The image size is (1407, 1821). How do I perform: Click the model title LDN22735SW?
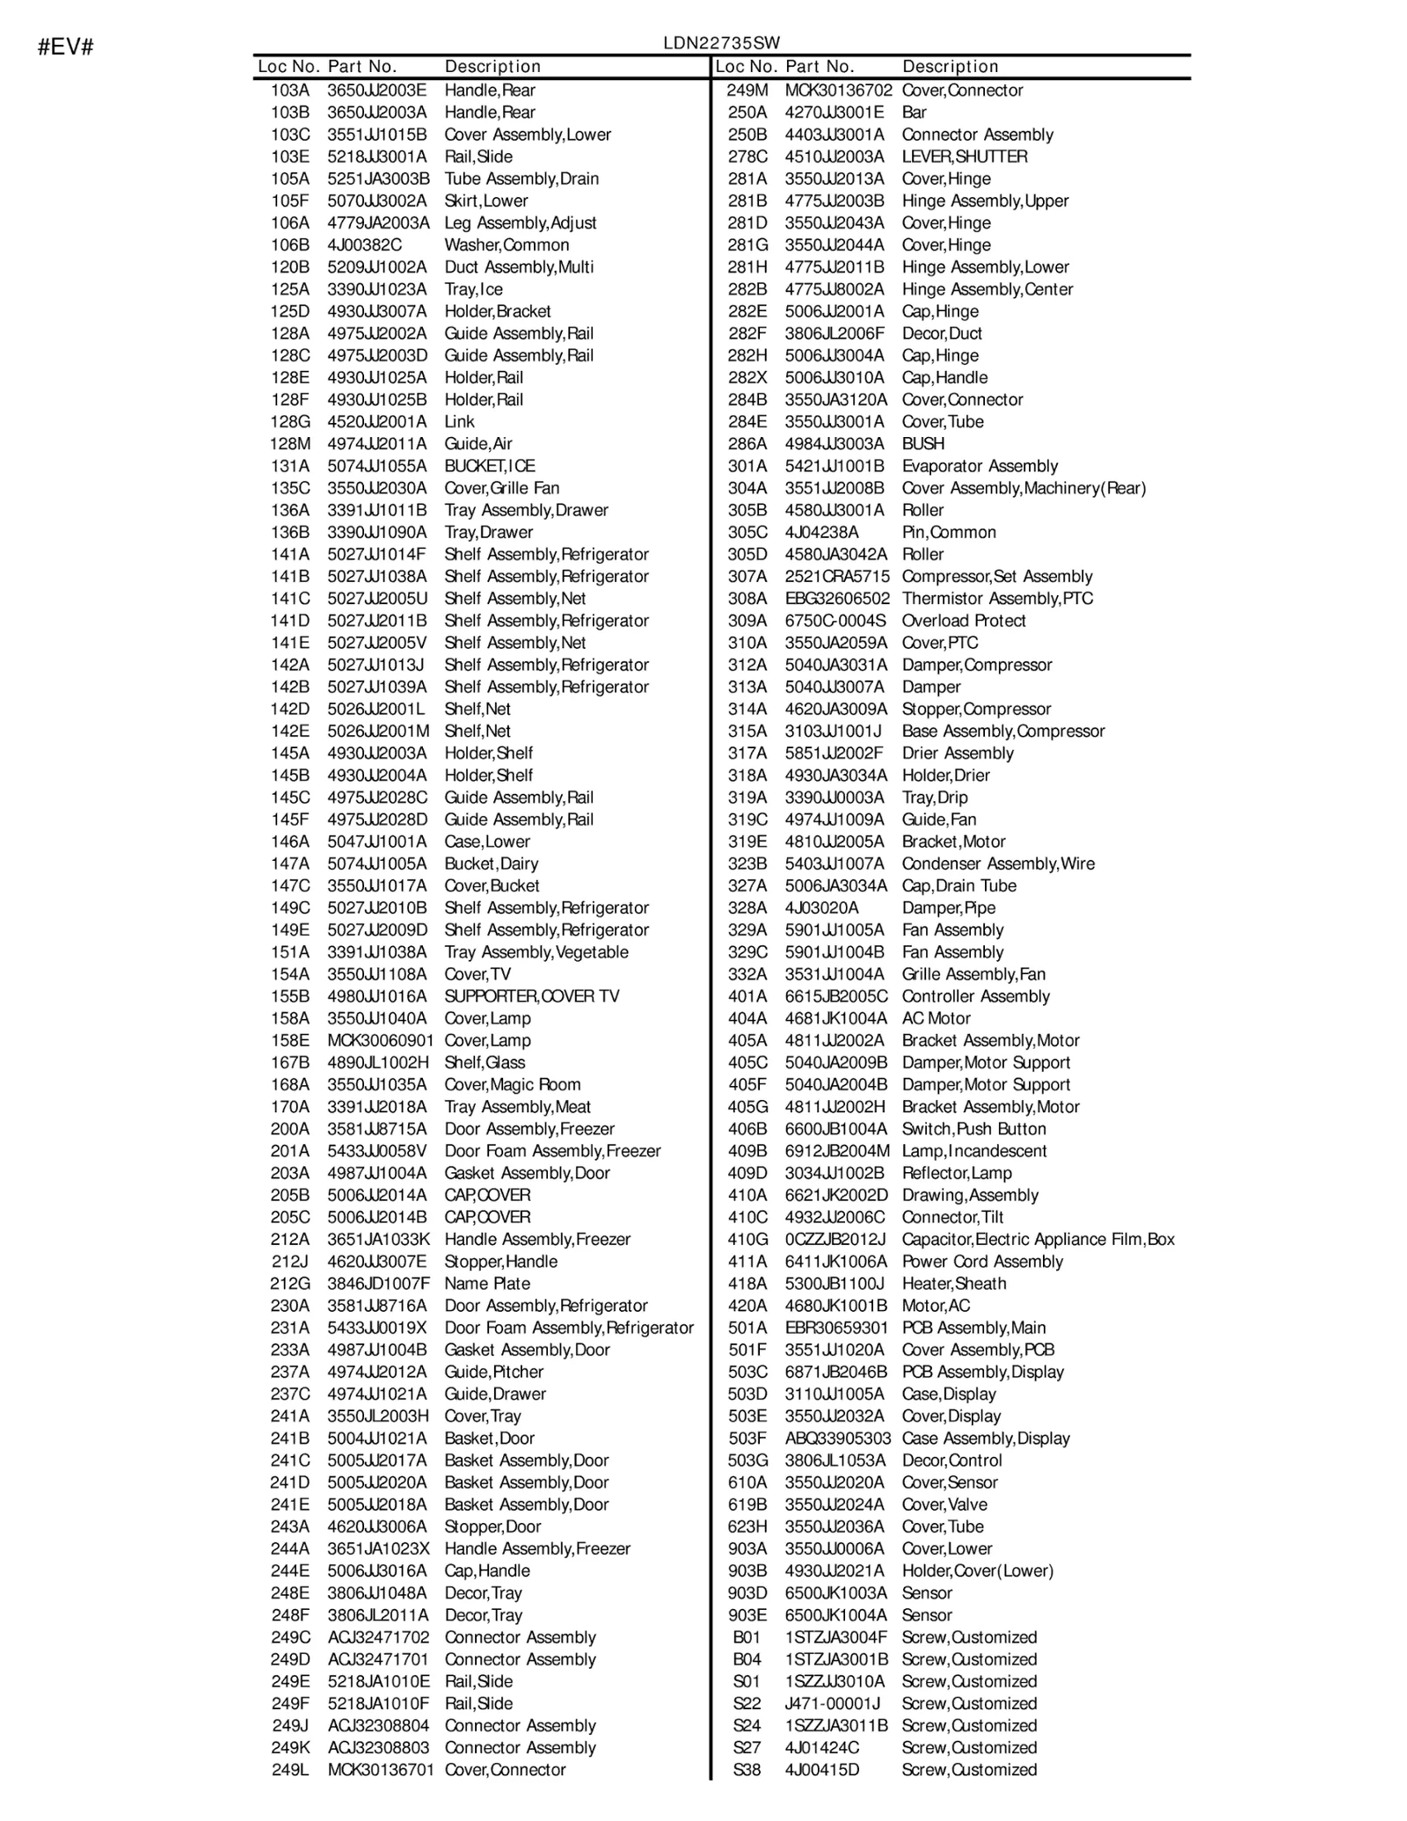(721, 43)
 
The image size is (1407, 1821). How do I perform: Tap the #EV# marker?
(65, 47)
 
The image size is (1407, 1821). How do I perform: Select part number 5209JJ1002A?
(376, 267)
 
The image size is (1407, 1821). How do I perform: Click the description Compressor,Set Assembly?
(996, 577)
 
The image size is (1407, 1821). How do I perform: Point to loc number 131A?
(289, 466)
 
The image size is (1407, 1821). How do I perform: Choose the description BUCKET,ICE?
(489, 466)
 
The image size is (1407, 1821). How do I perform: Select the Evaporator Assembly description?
(980, 466)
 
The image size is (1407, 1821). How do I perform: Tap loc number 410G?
(747, 1240)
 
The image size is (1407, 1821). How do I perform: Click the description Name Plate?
(487, 1284)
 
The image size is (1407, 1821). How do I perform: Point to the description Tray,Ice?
(473, 289)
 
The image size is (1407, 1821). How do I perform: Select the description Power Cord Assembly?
(982, 1262)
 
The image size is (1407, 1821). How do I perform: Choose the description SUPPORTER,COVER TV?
(531, 996)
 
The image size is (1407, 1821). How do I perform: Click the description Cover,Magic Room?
(512, 1085)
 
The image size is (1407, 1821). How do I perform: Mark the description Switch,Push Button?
(973, 1129)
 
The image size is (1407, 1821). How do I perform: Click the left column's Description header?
(492, 67)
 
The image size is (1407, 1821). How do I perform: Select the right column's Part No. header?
(820, 67)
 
